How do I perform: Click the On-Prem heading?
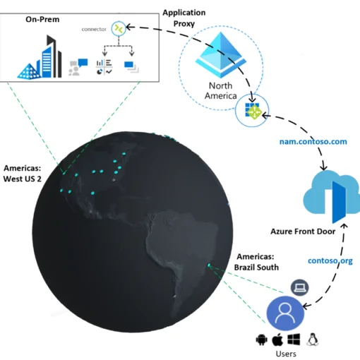click(x=42, y=19)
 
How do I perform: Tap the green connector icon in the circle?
click(x=119, y=28)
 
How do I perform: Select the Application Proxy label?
click(x=184, y=18)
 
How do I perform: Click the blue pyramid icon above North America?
click(x=221, y=55)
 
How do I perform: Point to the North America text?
click(x=221, y=90)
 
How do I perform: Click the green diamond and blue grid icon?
click(x=253, y=111)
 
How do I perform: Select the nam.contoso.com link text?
click(x=313, y=142)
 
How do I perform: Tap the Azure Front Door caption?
click(x=303, y=232)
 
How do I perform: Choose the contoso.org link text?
click(x=330, y=260)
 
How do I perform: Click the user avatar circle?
click(x=285, y=313)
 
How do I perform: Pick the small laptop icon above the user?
click(x=299, y=287)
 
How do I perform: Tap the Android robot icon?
click(x=262, y=340)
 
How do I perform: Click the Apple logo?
click(x=277, y=340)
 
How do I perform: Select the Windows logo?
click(x=294, y=340)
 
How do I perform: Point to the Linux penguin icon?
click(x=312, y=340)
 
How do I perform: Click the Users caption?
click(x=286, y=354)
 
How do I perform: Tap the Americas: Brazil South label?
click(x=256, y=262)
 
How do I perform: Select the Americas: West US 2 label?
click(x=23, y=174)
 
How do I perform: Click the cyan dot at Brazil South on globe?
click(x=209, y=265)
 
